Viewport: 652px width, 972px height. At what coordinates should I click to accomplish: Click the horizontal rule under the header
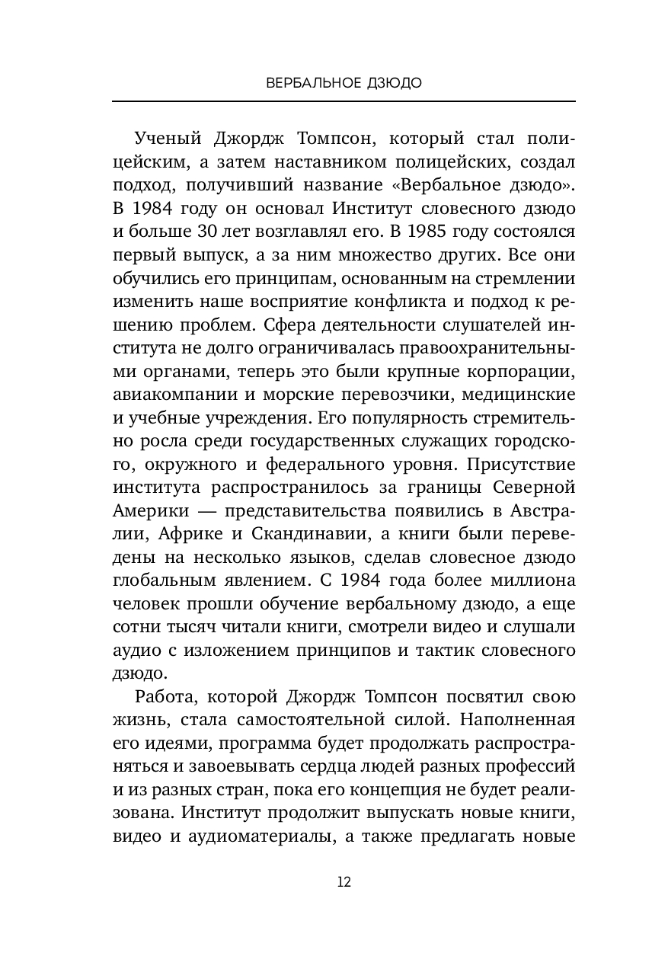344,101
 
